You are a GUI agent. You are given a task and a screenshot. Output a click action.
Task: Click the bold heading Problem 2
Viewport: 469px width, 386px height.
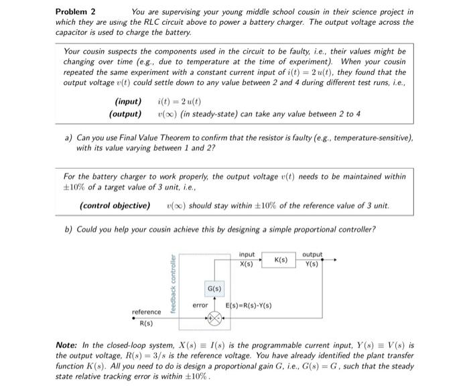pyautogui.click(x=75, y=11)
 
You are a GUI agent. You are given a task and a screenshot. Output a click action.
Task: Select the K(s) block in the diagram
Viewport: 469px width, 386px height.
pyautogui.click(x=281, y=259)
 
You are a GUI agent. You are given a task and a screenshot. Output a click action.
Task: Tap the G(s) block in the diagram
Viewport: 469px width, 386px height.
pyautogui.click(x=215, y=289)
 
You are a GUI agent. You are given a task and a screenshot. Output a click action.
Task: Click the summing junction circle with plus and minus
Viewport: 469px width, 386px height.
pyautogui.click(x=215, y=320)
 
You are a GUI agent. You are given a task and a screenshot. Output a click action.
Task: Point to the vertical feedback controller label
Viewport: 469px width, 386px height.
pyautogui.click(x=174, y=284)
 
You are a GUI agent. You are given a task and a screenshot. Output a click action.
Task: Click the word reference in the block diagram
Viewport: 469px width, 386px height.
pyautogui.click(x=146, y=312)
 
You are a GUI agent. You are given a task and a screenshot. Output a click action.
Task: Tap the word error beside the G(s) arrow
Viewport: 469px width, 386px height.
pyautogui.click(x=200, y=305)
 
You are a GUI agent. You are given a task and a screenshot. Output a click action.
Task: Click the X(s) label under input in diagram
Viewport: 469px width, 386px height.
pyautogui.click(x=247, y=263)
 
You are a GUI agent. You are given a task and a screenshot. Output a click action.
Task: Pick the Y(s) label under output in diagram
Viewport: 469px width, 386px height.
pyautogui.click(x=312, y=263)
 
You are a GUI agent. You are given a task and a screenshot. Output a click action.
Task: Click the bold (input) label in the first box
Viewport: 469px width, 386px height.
pyautogui.click(x=129, y=102)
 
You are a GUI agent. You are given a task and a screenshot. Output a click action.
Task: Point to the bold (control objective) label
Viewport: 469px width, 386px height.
pyautogui.click(x=115, y=205)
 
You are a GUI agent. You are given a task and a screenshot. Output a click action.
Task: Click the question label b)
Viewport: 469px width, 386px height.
pyautogui.click(x=68, y=229)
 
